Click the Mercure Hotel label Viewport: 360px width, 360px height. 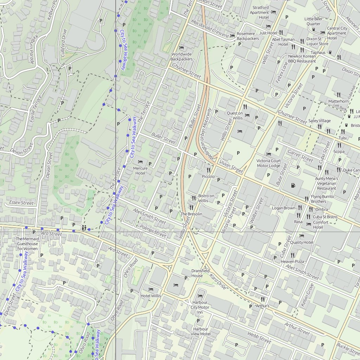[140, 171]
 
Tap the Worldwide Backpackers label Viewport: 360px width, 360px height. [181, 57]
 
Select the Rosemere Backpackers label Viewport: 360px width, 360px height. [248, 36]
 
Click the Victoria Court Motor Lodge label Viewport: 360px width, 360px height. [269, 163]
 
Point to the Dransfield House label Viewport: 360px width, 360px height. [200, 273]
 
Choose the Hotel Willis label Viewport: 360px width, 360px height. [151, 296]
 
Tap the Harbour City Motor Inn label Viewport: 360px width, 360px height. [200, 307]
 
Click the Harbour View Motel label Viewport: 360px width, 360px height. [200, 331]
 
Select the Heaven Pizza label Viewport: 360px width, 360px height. [292, 262]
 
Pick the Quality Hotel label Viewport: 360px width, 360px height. [302, 242]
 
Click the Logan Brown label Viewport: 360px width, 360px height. [284, 208]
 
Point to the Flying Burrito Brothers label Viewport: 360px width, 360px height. [318, 199]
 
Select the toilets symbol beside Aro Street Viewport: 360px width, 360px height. [84, 227]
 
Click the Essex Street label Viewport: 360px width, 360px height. [21, 203]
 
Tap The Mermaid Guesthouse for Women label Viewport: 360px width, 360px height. [27, 244]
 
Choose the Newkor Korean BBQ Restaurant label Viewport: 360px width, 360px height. [302, 58]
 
